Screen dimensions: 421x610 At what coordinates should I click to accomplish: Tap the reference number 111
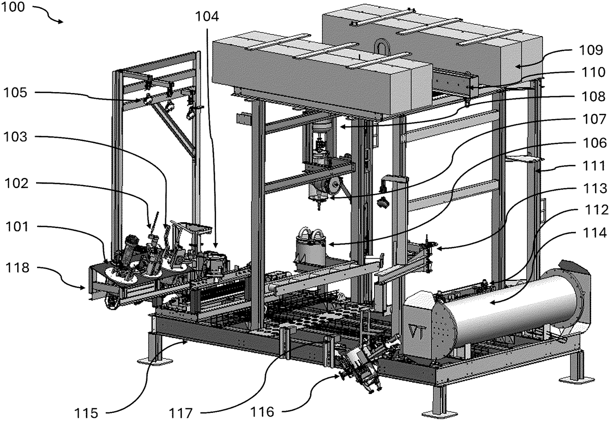point(591,166)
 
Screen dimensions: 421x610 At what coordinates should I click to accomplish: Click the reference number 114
point(591,233)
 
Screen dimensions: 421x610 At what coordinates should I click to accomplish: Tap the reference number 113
point(591,188)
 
